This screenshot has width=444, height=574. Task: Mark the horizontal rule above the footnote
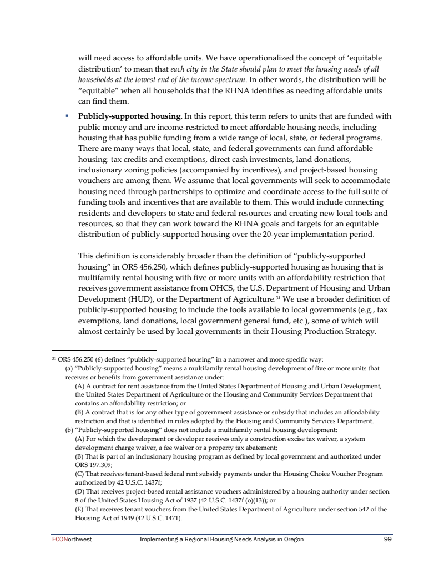105,351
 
